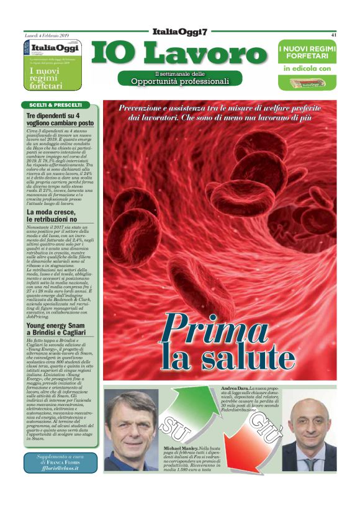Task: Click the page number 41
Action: click(x=333, y=35)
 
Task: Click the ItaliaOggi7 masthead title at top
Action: click(x=180, y=32)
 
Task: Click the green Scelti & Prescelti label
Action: click(x=55, y=105)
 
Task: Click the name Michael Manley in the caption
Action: click(x=180, y=447)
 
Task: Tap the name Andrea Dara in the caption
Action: click(x=235, y=388)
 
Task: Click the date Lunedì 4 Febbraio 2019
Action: click(x=50, y=35)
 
